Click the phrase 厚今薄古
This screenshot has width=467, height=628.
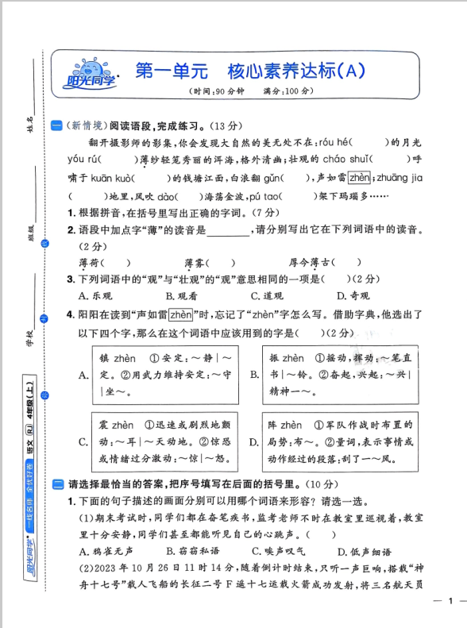(310, 263)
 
